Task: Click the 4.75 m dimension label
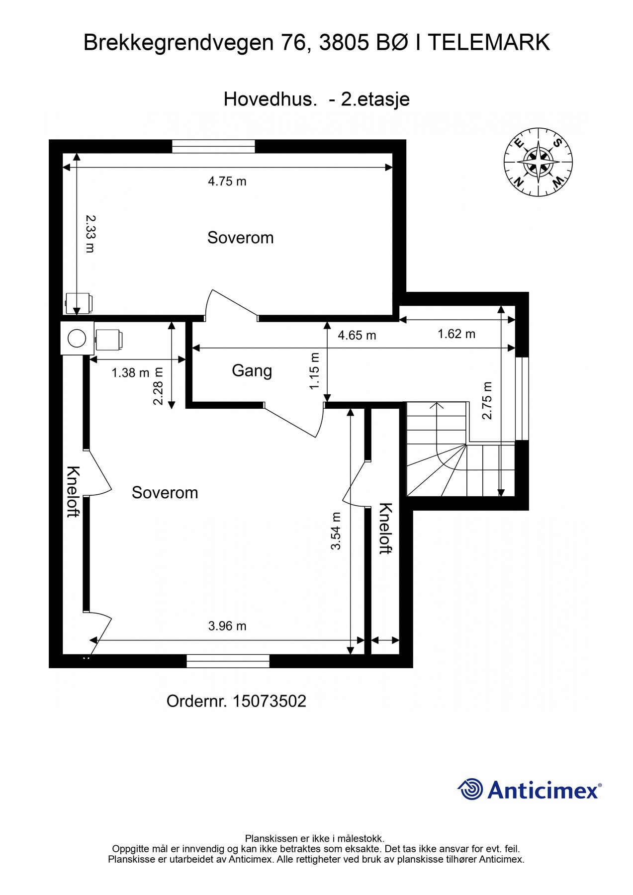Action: coord(227,181)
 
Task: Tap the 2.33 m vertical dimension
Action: coord(90,234)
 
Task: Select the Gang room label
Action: coord(252,371)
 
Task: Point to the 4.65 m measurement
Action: coord(357,335)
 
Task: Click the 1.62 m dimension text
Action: coord(456,334)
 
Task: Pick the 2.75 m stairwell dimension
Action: coord(487,401)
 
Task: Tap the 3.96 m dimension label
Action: coord(227,626)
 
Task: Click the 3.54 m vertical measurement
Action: coord(336,531)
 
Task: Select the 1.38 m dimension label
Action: coord(130,372)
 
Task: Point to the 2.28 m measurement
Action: coord(158,386)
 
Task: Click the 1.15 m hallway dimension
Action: coord(314,371)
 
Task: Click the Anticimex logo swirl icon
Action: coord(470,789)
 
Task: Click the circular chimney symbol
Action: coord(77,339)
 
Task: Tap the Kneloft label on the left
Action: coord(73,492)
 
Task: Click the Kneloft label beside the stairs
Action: coord(386,529)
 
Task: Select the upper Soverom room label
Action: coord(241,238)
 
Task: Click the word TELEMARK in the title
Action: coord(489,43)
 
